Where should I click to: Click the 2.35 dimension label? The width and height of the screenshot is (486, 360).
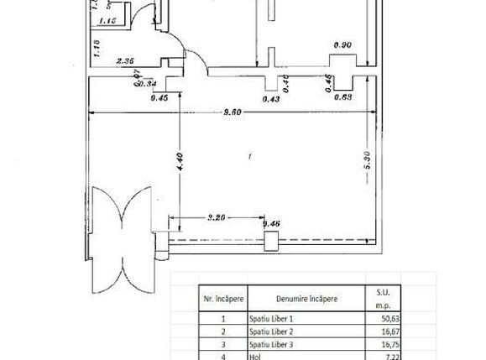click(x=126, y=60)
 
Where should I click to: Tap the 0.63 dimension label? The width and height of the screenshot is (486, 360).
click(x=342, y=97)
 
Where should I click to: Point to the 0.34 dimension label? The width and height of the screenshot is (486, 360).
click(x=148, y=83)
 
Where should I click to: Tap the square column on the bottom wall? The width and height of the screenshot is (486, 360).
click(x=270, y=242)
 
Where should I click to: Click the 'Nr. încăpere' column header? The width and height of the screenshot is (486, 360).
click(x=222, y=299)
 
